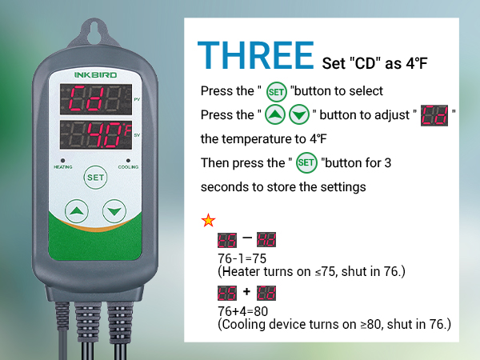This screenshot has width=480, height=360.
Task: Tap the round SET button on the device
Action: pyautogui.click(x=95, y=176)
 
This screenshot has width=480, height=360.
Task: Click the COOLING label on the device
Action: pyautogui.click(x=128, y=168)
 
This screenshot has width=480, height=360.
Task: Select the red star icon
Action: pyautogui.click(x=208, y=221)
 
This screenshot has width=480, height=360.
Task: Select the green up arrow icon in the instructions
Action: pyautogui.click(x=274, y=115)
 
